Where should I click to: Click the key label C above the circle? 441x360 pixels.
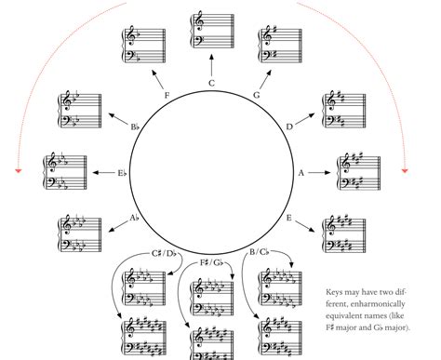pyautogui.click(x=211, y=83)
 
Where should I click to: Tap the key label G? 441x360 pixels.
pyautogui.click(x=257, y=95)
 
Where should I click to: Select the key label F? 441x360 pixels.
pyautogui.click(x=167, y=95)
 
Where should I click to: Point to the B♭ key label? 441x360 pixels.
pyautogui.click(x=135, y=127)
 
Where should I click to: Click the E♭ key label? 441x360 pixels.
pyautogui.click(x=122, y=173)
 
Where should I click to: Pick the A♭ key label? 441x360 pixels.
pyautogui.click(x=134, y=218)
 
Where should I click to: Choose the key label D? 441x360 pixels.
pyautogui.click(x=289, y=127)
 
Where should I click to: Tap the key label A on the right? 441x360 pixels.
pyautogui.click(x=301, y=173)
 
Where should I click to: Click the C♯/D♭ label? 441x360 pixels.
pyautogui.click(x=164, y=254)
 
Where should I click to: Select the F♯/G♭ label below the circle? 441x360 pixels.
pyautogui.click(x=211, y=263)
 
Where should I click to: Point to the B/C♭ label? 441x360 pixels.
pyautogui.click(x=260, y=252)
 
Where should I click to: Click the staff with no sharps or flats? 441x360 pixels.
pyautogui.click(x=211, y=31)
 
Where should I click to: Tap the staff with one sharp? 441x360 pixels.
pyautogui.click(x=280, y=46)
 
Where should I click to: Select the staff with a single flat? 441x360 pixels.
pyautogui.click(x=143, y=46)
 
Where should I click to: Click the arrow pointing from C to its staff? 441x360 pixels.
pyautogui.click(x=211, y=65)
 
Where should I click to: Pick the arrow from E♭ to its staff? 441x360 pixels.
pyautogui.click(x=103, y=172)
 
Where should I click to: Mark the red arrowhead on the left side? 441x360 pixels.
pyautogui.click(x=19, y=170)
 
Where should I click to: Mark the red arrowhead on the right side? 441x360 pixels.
pyautogui.click(x=405, y=170)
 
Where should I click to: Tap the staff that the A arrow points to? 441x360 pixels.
pyautogui.click(x=358, y=172)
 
